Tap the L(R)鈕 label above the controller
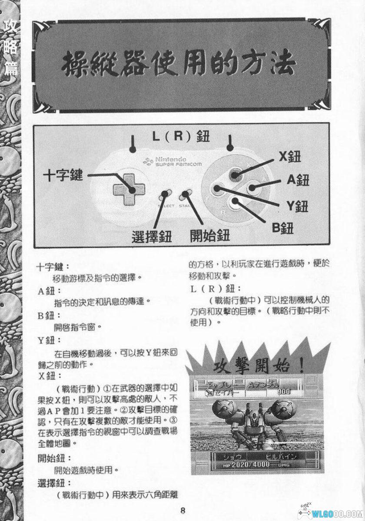[181, 137]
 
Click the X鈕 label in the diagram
[290, 157]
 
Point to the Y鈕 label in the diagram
[297, 206]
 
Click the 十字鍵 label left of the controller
[63, 176]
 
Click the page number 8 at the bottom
[183, 511]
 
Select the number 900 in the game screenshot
[283, 392]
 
